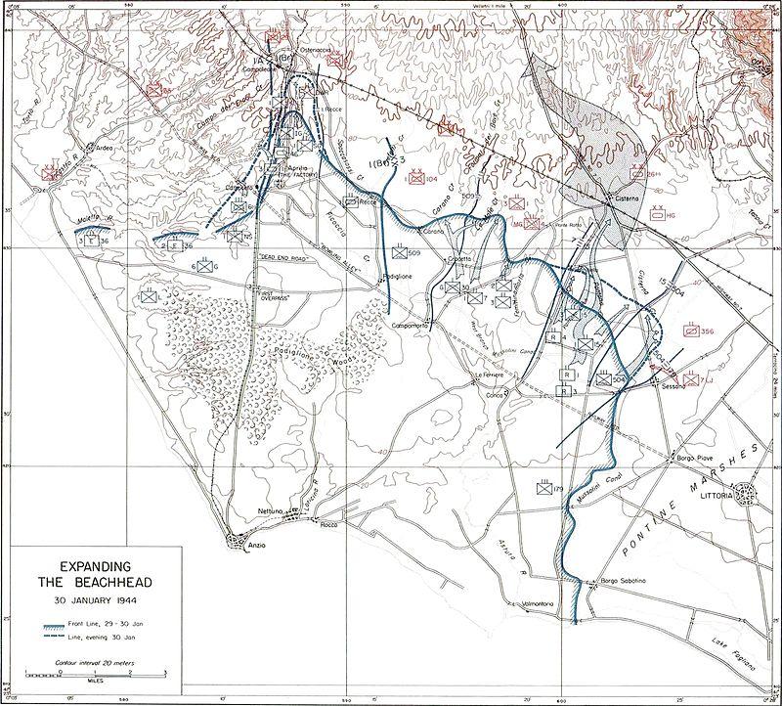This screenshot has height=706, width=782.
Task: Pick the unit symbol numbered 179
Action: click(545, 488)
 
